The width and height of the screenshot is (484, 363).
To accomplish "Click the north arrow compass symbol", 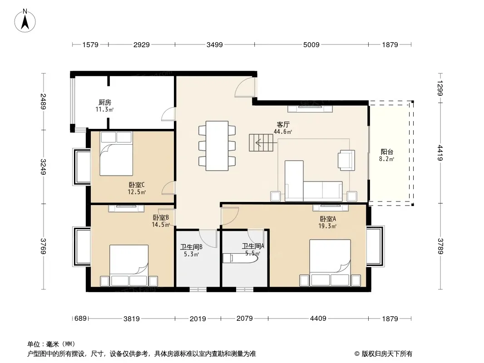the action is click(25, 21).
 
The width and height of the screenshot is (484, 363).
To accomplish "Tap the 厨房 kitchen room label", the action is click(104, 102).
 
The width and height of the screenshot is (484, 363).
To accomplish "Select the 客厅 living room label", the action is click(283, 125).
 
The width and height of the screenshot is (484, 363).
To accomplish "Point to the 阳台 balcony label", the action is click(387, 152).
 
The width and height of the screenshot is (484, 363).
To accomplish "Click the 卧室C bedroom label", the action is click(136, 185).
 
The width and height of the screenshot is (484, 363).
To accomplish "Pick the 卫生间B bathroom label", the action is click(191, 247).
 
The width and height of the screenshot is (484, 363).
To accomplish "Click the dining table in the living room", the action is click(217, 146).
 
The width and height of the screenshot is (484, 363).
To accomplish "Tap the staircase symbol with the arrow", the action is click(261, 142).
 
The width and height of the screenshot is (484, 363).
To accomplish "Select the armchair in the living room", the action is click(346, 160).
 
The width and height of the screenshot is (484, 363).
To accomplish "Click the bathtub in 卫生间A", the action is click(240, 258).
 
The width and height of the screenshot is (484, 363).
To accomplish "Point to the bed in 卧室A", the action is click(330, 263).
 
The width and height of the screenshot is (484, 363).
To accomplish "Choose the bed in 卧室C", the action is click(116, 153).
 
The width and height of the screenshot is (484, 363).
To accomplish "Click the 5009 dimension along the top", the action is click(311, 45).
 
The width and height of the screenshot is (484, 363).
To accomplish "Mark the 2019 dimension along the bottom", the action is click(198, 319).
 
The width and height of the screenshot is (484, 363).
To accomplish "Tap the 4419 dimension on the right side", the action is click(440, 153).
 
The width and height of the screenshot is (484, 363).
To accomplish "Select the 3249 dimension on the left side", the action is click(43, 167).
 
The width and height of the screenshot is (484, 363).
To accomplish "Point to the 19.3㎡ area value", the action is click(327, 226).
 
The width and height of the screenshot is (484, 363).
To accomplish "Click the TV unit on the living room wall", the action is click(310, 108).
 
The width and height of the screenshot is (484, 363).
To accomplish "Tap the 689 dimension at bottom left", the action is click(80, 318).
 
